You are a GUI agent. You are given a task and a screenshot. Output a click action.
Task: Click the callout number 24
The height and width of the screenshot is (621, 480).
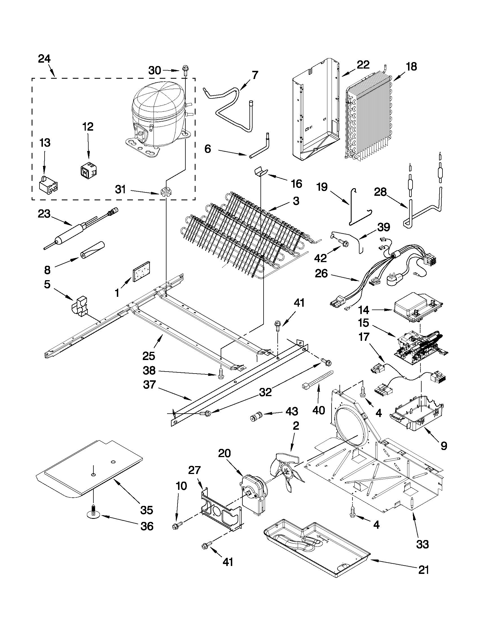click(44, 59)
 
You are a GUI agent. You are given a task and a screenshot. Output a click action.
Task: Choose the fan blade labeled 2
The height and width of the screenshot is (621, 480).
click(287, 471)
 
